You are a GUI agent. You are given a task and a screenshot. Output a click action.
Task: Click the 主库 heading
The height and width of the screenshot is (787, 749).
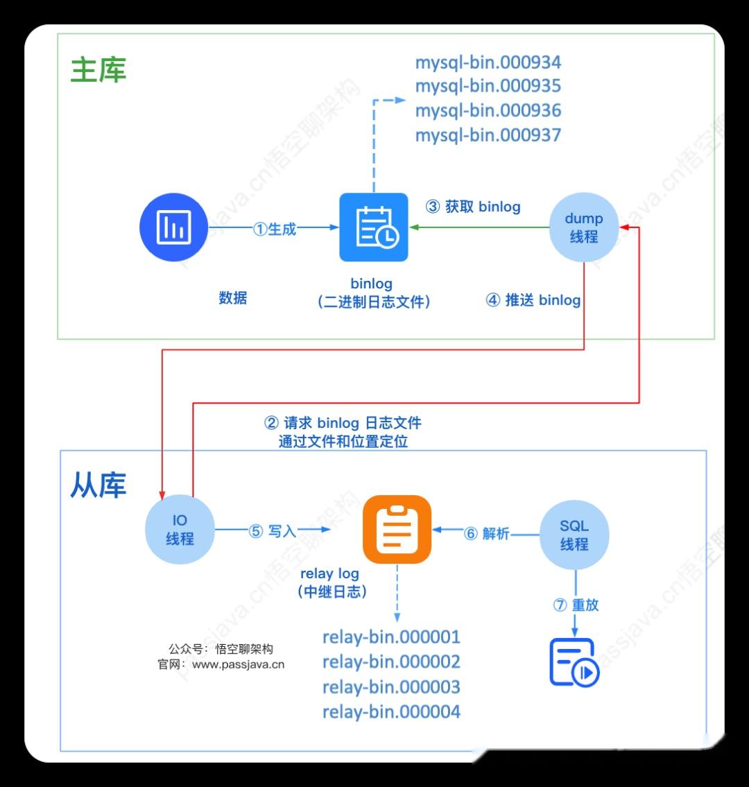pos(98,70)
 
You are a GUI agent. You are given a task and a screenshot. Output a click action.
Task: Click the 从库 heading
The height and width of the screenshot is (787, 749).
pos(98,485)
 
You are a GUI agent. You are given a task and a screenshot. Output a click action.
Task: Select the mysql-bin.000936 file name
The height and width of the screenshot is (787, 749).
pos(488,111)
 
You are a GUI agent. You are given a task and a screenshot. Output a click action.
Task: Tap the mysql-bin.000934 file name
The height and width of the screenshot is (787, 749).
pos(488,62)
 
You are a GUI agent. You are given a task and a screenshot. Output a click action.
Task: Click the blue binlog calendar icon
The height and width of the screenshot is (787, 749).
pos(374,227)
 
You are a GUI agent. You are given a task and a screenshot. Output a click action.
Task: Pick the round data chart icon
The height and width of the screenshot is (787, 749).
pos(173,227)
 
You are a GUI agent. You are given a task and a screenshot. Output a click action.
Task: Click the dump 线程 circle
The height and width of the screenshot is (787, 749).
pos(583,227)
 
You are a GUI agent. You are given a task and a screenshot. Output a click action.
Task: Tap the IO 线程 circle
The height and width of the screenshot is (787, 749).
pos(179,530)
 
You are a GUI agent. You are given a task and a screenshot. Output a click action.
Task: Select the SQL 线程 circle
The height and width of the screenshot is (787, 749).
pos(574,535)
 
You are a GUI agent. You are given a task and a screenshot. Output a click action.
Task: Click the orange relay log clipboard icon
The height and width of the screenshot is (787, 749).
pos(397,529)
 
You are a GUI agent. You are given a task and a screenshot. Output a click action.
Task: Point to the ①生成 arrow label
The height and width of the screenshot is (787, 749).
pos(275,229)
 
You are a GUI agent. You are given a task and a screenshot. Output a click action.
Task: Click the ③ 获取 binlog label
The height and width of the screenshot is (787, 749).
pos(473,207)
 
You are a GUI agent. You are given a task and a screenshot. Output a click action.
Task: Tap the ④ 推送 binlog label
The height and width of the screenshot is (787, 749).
pos(533,300)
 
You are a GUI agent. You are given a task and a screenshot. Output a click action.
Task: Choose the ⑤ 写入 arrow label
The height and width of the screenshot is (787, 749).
pos(273,531)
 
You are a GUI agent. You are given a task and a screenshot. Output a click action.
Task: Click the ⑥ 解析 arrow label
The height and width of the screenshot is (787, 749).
pos(487,533)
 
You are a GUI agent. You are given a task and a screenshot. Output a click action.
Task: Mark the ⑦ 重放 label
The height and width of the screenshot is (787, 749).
pos(576,605)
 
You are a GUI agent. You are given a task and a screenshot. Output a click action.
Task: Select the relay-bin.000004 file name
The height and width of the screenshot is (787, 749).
pos(391,711)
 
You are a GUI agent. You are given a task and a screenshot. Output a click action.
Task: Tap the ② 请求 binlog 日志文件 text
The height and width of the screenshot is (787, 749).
pos(343,423)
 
